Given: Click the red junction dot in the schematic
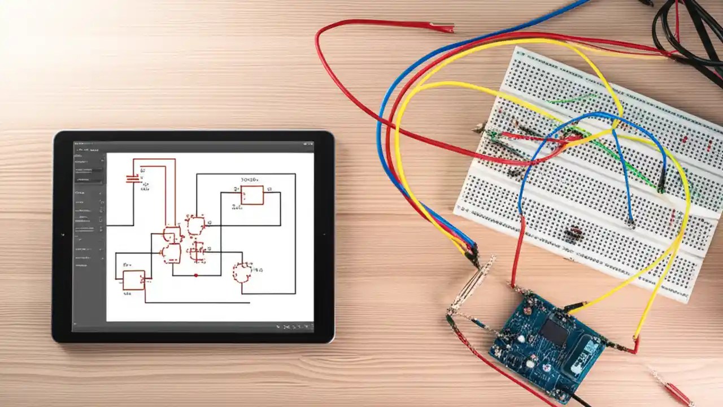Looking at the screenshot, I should point(195,275).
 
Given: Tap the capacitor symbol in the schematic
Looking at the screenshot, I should point(132,179).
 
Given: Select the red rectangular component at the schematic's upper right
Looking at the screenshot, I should point(252,195).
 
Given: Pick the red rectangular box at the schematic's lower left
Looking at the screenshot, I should point(134,279).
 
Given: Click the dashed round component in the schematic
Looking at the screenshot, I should point(243,272).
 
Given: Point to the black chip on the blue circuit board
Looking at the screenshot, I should point(554,332).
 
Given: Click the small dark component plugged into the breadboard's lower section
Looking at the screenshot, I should point(574,232).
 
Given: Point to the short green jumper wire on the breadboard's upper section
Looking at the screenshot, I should point(570,99).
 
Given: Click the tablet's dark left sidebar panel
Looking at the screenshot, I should point(89,237).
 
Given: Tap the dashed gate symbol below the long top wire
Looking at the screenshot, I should point(195,225).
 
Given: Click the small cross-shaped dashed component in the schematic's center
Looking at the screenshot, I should point(197,250).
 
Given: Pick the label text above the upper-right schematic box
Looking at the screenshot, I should point(249,180).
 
